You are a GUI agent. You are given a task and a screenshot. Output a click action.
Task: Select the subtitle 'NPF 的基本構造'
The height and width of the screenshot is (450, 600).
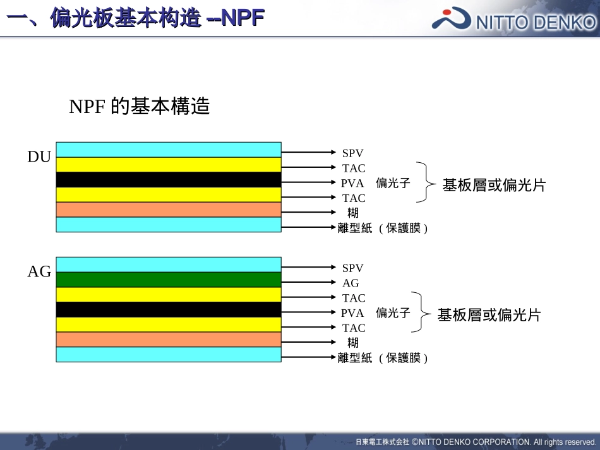tap(139, 107)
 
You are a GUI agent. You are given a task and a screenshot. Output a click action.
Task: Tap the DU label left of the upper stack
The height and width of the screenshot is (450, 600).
tap(39, 157)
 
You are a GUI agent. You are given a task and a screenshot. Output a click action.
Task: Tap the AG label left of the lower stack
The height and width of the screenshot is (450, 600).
tap(39, 272)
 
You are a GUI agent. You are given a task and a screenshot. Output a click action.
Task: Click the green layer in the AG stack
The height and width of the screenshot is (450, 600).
tap(169, 280)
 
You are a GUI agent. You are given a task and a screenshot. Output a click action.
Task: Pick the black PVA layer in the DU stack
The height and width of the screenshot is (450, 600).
tap(169, 180)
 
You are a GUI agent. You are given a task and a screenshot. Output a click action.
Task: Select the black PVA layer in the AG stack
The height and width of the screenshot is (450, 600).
tap(169, 310)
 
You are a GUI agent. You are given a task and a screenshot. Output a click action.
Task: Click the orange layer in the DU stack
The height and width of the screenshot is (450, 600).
tap(169, 210)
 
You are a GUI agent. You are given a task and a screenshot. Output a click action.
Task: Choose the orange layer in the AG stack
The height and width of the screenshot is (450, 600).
tap(169, 340)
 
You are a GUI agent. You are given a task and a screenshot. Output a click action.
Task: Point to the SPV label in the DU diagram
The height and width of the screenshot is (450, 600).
tap(353, 153)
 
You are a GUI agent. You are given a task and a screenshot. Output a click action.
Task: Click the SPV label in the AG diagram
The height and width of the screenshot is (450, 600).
tap(353, 268)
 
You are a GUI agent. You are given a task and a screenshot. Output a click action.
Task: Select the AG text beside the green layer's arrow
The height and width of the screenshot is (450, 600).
tap(351, 283)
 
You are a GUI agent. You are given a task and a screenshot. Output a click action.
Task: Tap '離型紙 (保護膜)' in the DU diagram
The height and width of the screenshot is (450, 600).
tap(383, 228)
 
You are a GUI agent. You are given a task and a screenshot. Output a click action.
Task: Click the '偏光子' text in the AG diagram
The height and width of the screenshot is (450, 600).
tap(393, 313)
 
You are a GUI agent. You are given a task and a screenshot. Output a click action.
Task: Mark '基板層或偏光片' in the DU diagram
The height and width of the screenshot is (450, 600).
tap(494, 186)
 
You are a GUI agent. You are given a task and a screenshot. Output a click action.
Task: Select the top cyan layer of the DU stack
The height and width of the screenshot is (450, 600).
tap(169, 150)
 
